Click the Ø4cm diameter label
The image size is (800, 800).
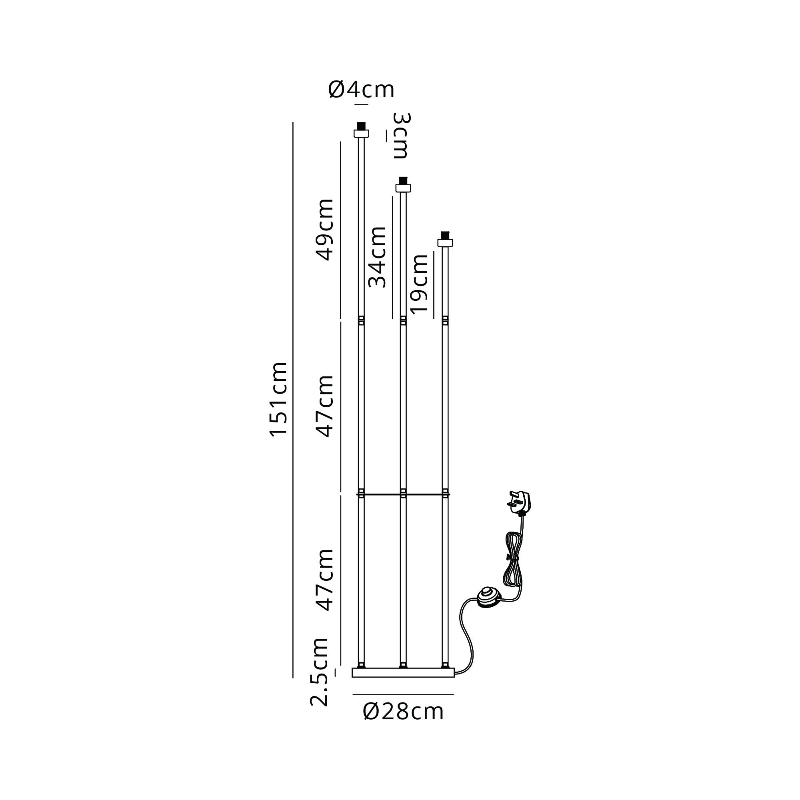pyautogui.click(x=361, y=90)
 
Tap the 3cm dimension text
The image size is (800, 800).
pyautogui.click(x=401, y=136)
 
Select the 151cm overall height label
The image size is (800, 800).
pyautogui.click(x=279, y=400)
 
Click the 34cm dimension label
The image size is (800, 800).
pyautogui.click(x=377, y=257)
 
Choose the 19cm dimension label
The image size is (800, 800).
pyautogui.click(x=418, y=284)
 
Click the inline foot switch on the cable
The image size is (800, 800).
pyautogui.click(x=489, y=597)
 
